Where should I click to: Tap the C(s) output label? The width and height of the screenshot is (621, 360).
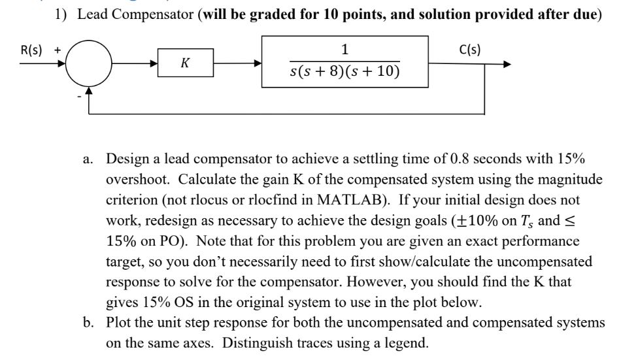coord(471,50)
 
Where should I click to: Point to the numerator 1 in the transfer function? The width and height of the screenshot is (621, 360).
coord(344,50)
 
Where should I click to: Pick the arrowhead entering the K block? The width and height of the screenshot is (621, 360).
coord(154,65)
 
